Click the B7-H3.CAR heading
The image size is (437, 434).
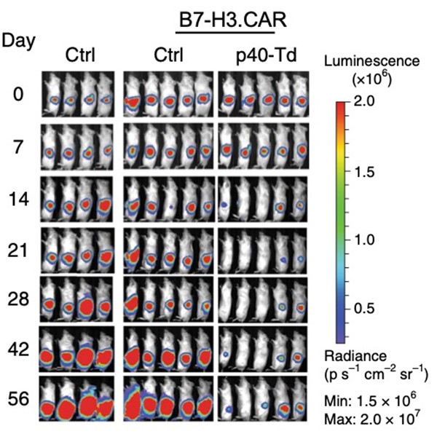pos(228,20)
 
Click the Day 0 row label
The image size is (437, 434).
pos(20,95)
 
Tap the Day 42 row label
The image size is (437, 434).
pos(20,350)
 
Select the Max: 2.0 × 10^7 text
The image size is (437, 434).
pos(371,418)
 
